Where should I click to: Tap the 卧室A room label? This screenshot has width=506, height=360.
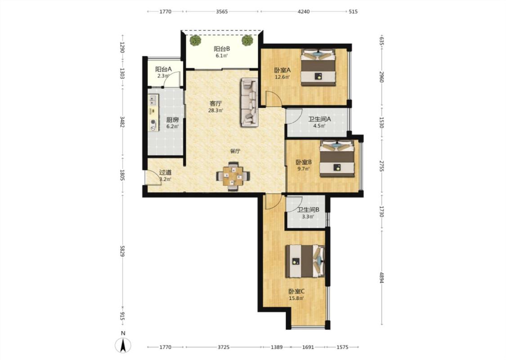point(282,70)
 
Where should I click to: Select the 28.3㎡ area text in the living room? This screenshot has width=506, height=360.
point(215,110)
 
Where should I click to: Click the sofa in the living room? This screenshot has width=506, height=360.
point(249,102)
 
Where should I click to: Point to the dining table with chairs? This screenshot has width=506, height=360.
point(233,176)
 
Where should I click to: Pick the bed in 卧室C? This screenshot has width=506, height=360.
point(305,261)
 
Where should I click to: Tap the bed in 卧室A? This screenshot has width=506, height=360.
point(318,67)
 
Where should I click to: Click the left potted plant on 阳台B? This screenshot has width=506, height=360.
point(195,40)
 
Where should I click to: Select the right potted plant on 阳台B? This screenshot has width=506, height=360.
point(247,40)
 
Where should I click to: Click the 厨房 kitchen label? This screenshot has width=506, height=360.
point(172,120)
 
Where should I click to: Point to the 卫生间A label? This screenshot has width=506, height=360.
point(319,119)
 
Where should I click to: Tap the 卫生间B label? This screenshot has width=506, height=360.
point(308,210)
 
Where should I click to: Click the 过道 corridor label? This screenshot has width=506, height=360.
point(165,173)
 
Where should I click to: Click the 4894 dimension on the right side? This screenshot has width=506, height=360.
point(381,278)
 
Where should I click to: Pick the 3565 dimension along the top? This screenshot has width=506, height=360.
point(222,12)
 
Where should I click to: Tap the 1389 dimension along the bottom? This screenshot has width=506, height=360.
point(277,347)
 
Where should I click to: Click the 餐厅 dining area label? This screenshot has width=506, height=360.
point(235,151)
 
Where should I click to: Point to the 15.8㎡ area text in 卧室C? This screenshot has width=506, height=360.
point(296,298)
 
